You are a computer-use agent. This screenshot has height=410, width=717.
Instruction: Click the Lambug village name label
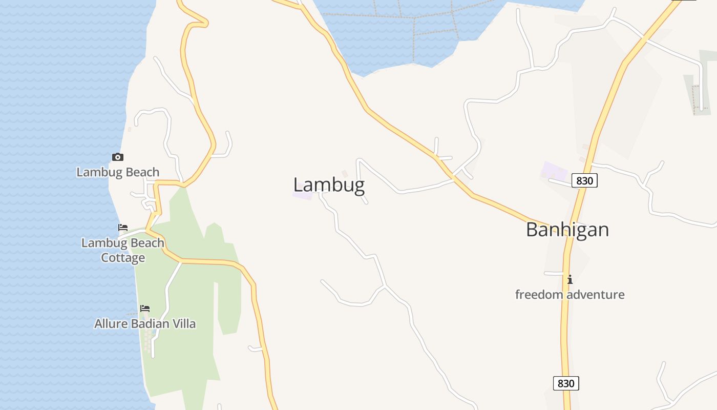click(329, 185)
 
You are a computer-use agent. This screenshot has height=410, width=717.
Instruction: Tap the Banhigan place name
click(567, 230)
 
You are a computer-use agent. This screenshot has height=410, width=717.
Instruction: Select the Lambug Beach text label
click(118, 172)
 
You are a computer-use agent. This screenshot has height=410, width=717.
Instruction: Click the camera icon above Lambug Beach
click(118, 157)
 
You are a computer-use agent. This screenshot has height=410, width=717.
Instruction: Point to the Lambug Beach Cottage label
click(123, 250)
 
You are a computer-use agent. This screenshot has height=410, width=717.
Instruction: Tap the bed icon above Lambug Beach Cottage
click(123, 228)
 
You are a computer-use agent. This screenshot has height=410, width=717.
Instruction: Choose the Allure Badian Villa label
click(145, 323)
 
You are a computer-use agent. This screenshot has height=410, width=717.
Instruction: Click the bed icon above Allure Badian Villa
click(145, 309)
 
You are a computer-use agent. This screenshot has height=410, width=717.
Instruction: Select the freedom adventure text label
click(570, 295)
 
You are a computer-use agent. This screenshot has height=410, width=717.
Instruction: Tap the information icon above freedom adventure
click(570, 279)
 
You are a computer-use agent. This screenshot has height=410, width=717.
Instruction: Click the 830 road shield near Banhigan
click(584, 180)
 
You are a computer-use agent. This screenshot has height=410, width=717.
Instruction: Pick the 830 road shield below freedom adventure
click(566, 383)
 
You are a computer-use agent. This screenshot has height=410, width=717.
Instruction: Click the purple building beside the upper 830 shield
click(555, 171)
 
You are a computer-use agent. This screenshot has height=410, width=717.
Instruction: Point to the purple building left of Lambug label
click(303, 196)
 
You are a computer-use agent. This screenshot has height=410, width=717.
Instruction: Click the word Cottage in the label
click(123, 258)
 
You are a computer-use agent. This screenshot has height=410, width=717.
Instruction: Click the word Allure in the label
click(109, 323)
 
